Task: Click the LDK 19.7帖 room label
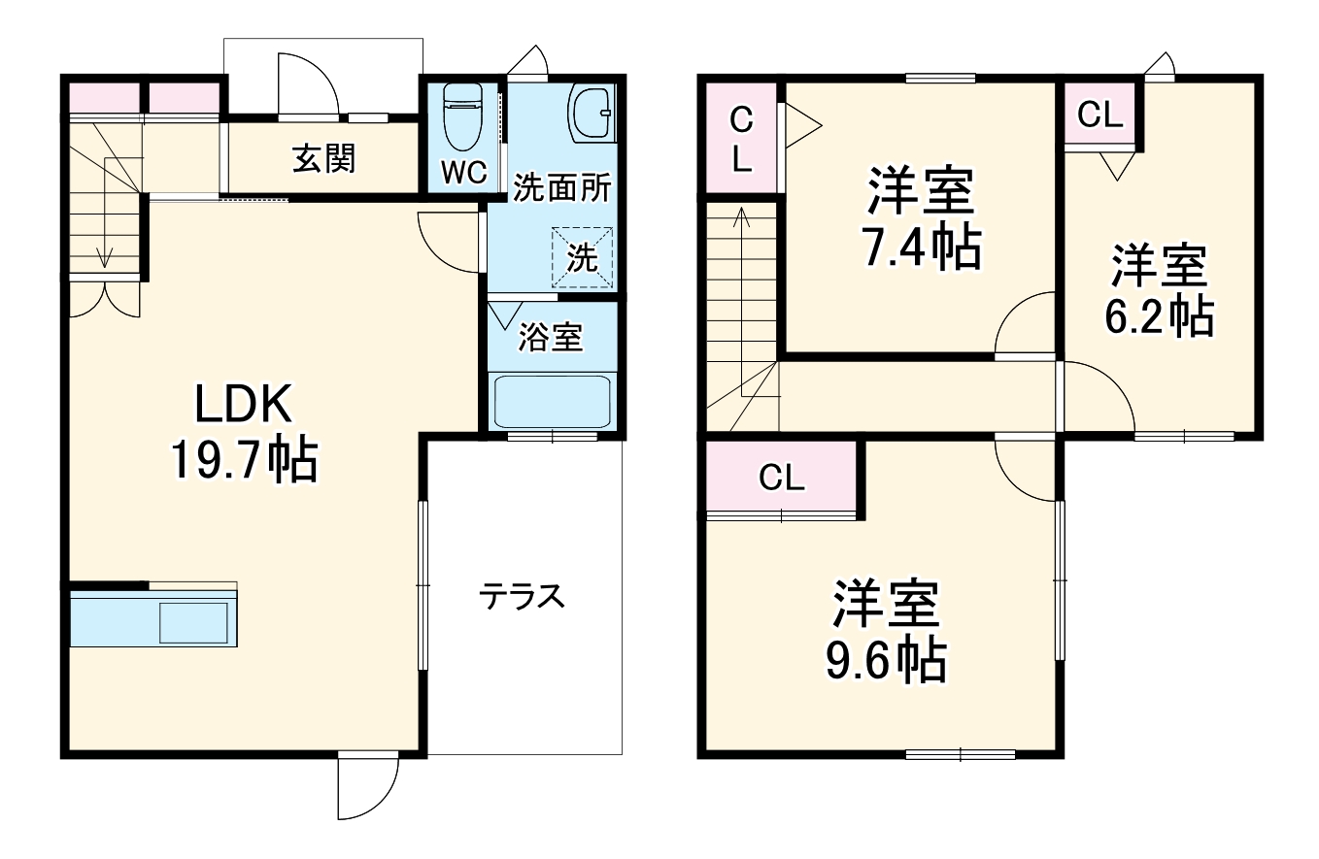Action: [243, 431]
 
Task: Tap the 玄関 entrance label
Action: [324, 158]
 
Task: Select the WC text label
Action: [463, 172]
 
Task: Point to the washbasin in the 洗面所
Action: [591, 114]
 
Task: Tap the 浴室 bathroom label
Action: [550, 338]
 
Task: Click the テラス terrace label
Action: [522, 596]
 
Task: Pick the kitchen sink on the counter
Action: [193, 621]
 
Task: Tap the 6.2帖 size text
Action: [1160, 315]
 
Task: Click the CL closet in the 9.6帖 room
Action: [782, 478]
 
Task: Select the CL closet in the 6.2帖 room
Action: [1100, 116]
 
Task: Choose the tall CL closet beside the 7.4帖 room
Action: [741, 138]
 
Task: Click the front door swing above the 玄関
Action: [307, 86]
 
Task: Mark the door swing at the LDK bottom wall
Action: [367, 786]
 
